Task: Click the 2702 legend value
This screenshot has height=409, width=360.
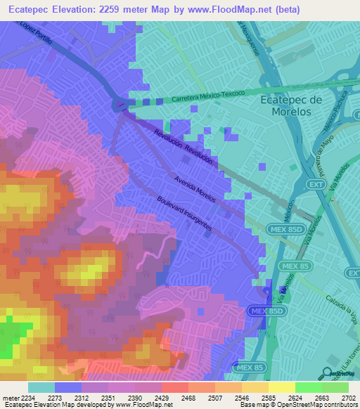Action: (347, 397)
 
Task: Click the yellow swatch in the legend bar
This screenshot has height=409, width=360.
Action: (281, 387)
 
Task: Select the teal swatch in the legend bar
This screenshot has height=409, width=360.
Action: (41, 387)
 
